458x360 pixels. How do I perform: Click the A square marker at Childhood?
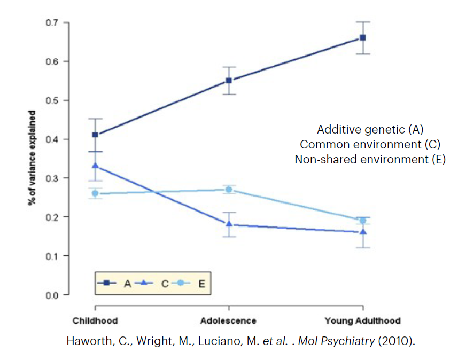pyautogui.click(x=95, y=135)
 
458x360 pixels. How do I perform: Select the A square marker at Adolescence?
pyautogui.click(x=229, y=81)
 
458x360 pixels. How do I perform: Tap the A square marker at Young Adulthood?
pyautogui.click(x=363, y=37)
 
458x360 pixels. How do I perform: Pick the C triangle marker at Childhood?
pyautogui.click(x=95, y=166)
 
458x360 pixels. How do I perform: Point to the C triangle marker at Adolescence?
pyautogui.click(x=229, y=224)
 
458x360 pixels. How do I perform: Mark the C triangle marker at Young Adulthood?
pyautogui.click(x=363, y=232)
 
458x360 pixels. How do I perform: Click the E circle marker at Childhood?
pyautogui.click(x=95, y=193)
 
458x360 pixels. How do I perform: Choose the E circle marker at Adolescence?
pyautogui.click(x=229, y=189)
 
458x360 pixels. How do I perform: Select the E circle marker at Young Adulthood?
pyautogui.click(x=363, y=221)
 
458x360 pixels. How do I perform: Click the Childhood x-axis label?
pyautogui.click(x=95, y=321)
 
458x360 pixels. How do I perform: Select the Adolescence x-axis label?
pyautogui.click(x=228, y=321)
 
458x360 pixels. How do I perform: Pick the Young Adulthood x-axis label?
pyautogui.click(x=362, y=321)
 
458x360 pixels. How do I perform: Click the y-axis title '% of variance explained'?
pyautogui.click(x=33, y=158)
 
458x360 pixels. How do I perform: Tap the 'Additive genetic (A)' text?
pyautogui.click(x=370, y=129)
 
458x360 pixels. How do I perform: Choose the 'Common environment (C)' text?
pyautogui.click(x=370, y=144)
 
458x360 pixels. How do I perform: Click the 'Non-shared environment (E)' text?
pyautogui.click(x=370, y=159)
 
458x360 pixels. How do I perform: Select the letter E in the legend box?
pyautogui.click(x=201, y=284)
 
